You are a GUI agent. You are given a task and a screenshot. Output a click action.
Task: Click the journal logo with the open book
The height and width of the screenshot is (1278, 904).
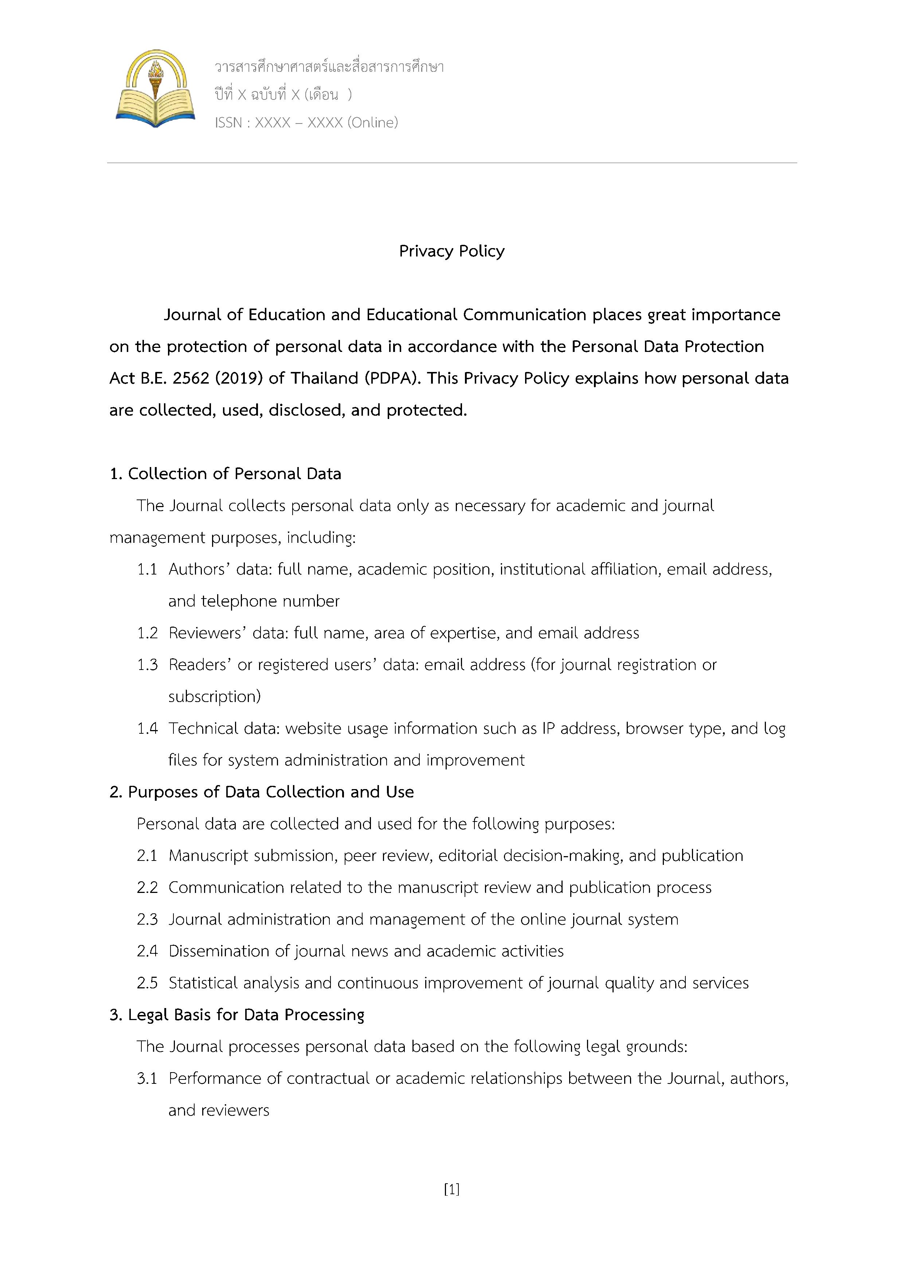point(155,89)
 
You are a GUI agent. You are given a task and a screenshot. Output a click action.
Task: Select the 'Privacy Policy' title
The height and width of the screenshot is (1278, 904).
point(451,251)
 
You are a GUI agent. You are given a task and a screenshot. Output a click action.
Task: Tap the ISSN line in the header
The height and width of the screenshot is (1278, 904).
point(306,122)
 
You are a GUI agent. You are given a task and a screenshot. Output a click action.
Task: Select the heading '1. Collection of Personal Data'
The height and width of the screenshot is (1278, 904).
point(226,474)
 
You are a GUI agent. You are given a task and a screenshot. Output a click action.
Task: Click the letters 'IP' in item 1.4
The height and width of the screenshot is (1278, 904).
point(548,729)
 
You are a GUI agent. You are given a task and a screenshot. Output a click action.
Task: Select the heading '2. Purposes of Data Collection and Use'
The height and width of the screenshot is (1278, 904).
point(262,792)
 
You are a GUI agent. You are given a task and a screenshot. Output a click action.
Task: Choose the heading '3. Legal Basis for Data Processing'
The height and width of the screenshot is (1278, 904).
point(237,1015)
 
